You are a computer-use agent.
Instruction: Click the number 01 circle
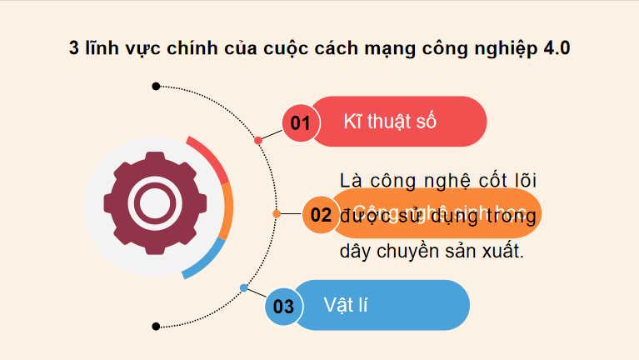[x=301, y=123]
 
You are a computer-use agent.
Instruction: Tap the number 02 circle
[x=320, y=214]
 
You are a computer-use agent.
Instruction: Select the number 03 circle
[x=284, y=306]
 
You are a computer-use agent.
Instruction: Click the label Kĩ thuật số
[x=391, y=122]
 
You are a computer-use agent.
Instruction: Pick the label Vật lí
[x=346, y=305]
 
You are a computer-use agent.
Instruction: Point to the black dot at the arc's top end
[x=156, y=86]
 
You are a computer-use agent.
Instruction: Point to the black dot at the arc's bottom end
[x=156, y=326]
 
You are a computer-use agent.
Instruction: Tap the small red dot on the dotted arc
[x=258, y=140]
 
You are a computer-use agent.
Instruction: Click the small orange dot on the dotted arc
[x=277, y=213]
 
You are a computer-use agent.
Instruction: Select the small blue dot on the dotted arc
[x=244, y=287]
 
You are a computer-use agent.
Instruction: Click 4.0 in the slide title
[x=557, y=47]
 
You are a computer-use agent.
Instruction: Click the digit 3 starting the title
[x=73, y=47]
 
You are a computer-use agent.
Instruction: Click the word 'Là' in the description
[x=352, y=181]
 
